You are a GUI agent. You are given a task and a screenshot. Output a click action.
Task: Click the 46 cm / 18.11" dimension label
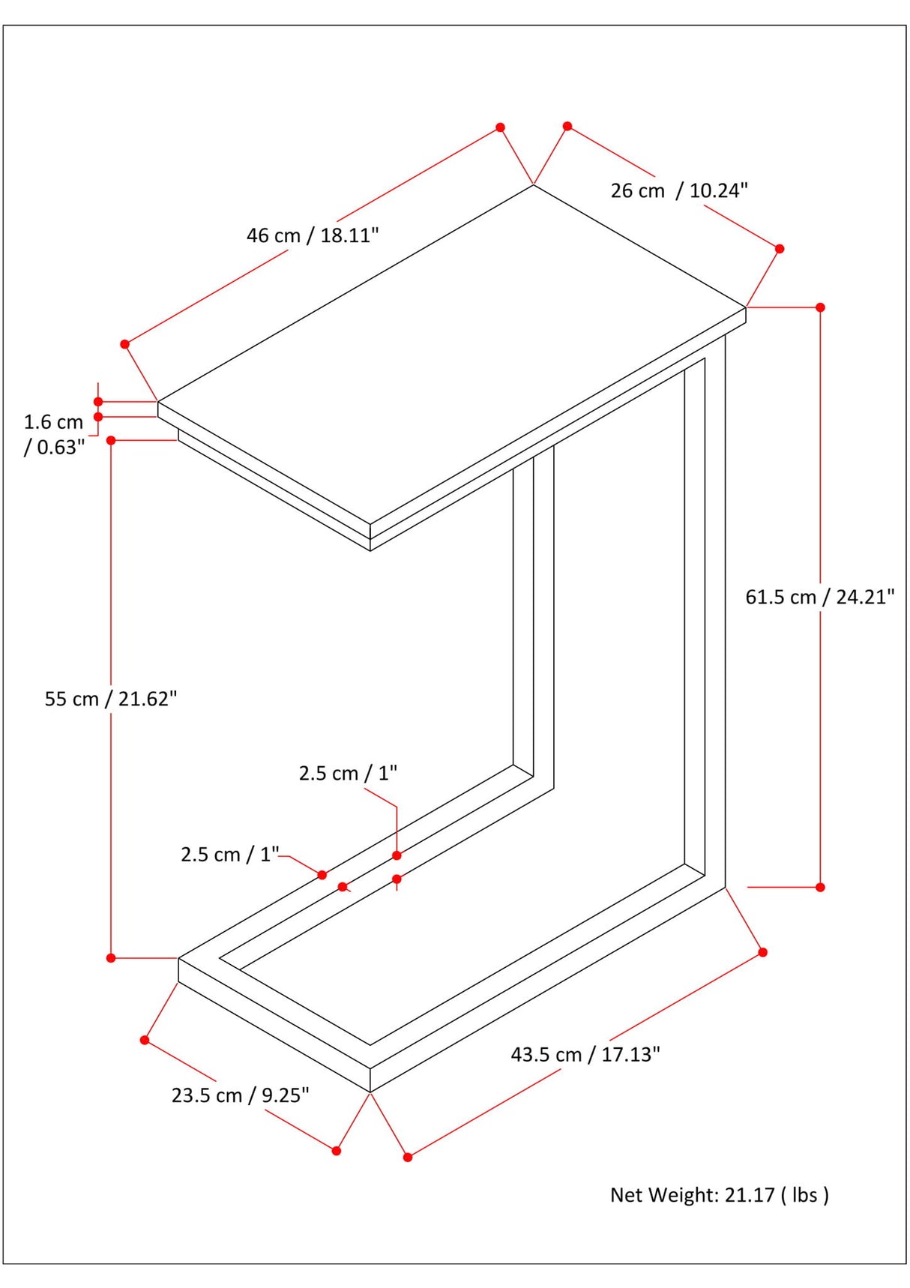pyautogui.click(x=313, y=235)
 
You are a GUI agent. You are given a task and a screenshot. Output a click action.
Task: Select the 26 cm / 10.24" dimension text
pyautogui.click(x=679, y=190)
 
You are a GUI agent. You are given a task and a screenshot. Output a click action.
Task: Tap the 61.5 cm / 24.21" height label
pyautogui.click(x=819, y=597)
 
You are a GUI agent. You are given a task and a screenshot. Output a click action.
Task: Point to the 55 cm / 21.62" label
pyautogui.click(x=111, y=699)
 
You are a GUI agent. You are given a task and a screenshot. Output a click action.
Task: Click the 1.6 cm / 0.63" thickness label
pyautogui.click(x=54, y=434)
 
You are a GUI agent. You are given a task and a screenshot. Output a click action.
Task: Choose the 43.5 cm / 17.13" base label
pyautogui.click(x=585, y=1054)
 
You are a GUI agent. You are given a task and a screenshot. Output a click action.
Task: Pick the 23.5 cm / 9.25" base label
pyautogui.click(x=240, y=1095)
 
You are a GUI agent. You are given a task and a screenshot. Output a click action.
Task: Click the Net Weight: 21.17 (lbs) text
pyautogui.click(x=719, y=1194)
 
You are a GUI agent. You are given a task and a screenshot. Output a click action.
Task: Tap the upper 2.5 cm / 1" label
pyautogui.click(x=348, y=773)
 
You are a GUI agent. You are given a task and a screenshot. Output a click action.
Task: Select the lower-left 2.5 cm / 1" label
pyautogui.click(x=230, y=854)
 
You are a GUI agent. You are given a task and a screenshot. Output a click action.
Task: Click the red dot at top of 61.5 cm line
pyautogui.click(x=820, y=307)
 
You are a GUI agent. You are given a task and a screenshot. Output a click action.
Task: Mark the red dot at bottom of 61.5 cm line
pyautogui.click(x=820, y=887)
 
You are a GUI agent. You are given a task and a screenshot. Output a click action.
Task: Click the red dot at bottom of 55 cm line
pyautogui.click(x=111, y=958)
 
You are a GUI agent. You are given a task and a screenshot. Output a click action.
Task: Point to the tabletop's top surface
pyautogui.click(x=450, y=352)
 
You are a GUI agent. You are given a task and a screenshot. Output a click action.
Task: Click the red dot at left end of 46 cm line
pyautogui.click(x=125, y=344)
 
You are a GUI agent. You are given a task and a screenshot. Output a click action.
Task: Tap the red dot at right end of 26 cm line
pyautogui.click(x=780, y=249)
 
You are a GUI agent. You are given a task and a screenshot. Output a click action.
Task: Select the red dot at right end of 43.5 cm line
pyautogui.click(x=763, y=952)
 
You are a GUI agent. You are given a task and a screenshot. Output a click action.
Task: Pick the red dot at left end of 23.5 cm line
pyautogui.click(x=145, y=1040)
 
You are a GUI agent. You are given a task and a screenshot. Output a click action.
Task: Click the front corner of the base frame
pyautogui.click(x=370, y=1092)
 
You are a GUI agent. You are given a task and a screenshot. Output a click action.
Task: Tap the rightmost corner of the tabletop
pyautogui.click(x=746, y=307)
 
